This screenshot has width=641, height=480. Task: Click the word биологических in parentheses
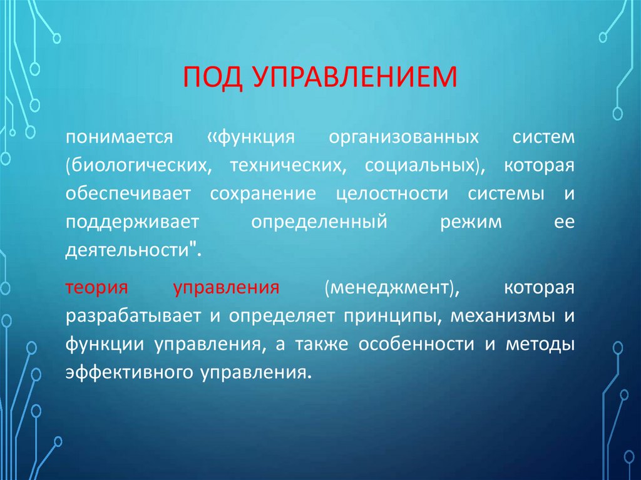point(136,166)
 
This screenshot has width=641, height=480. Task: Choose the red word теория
point(96,289)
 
